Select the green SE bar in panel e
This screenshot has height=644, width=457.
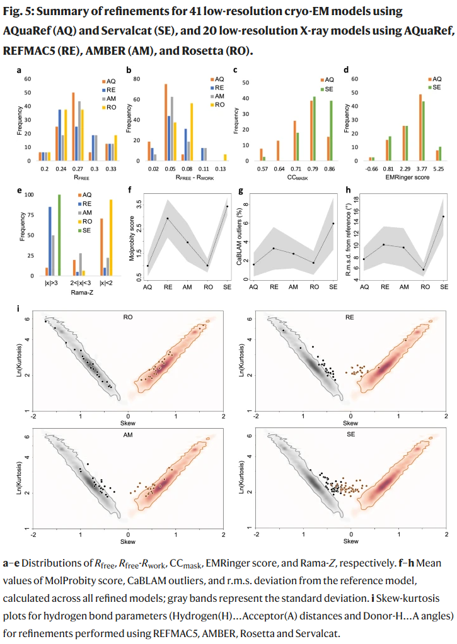(59, 235)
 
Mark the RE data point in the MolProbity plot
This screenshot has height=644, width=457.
(168, 218)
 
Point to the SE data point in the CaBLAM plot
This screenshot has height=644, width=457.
(333, 223)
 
